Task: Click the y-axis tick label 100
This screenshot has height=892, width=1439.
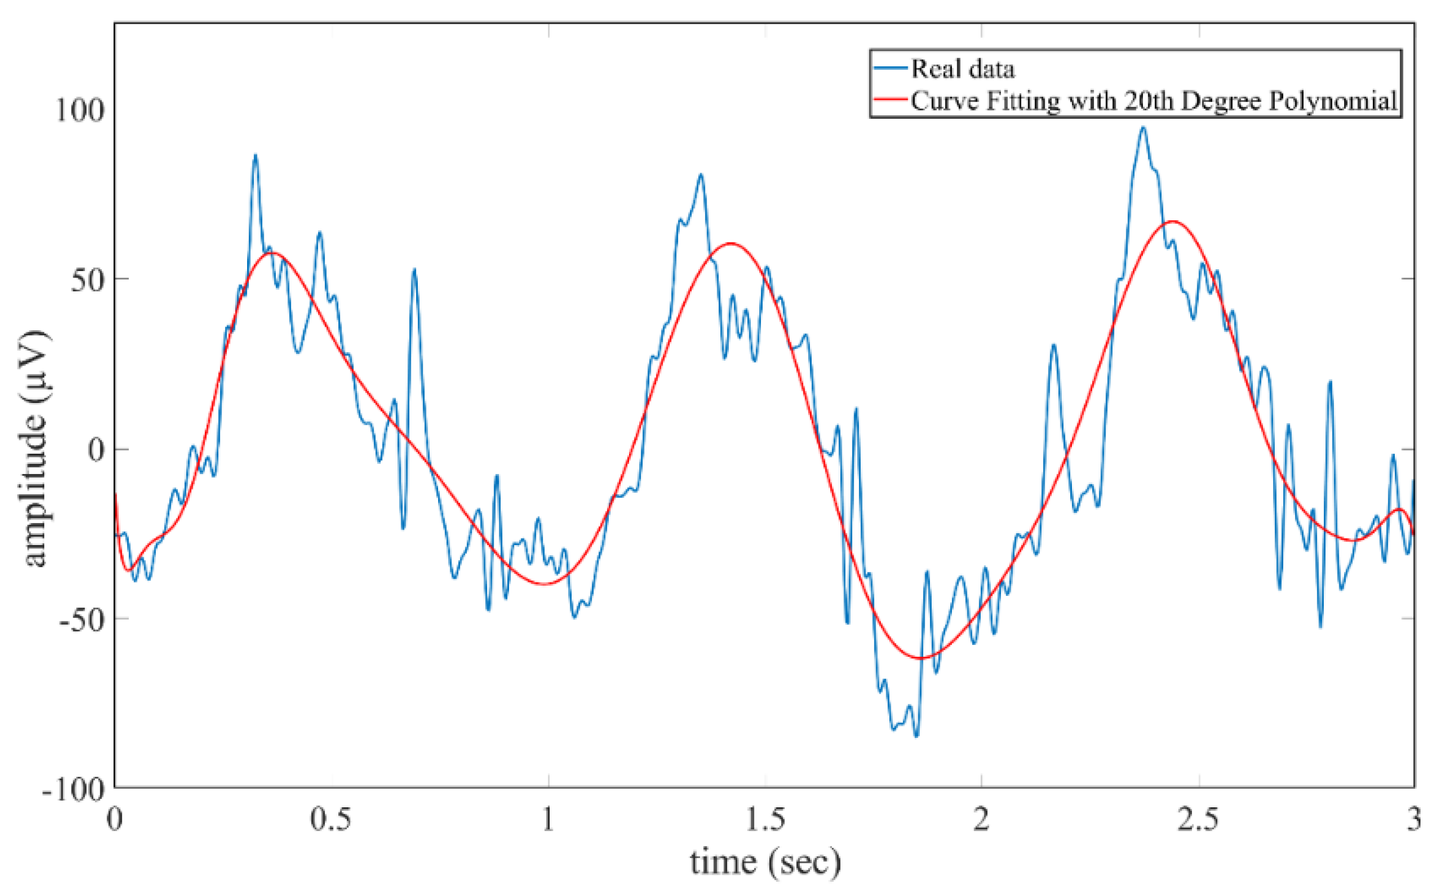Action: pyautogui.click(x=79, y=109)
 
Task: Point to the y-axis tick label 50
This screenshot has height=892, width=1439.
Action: pyautogui.click(x=87, y=279)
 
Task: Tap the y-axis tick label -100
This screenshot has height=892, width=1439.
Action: pyautogui.click(x=73, y=790)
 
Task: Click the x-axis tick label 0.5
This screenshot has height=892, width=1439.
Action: pyautogui.click(x=331, y=819)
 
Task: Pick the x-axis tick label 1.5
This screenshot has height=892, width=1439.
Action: pyautogui.click(x=765, y=819)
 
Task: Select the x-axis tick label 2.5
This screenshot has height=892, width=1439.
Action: pyautogui.click(x=1198, y=819)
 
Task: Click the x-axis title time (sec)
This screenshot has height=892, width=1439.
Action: pyautogui.click(x=765, y=863)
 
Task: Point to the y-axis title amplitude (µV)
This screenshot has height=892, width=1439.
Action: pyautogui.click(x=35, y=448)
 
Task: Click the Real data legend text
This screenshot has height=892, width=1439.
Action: pyautogui.click(x=962, y=69)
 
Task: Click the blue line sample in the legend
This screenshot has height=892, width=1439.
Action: pyautogui.click(x=890, y=68)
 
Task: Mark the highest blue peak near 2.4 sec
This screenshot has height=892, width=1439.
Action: pyautogui.click(x=1143, y=127)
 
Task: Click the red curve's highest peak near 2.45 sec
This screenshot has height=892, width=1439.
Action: pyautogui.click(x=1173, y=222)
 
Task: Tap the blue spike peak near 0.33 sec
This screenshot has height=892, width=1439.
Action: pyautogui.click(x=255, y=155)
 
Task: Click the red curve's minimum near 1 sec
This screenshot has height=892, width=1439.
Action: pyautogui.click(x=544, y=584)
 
